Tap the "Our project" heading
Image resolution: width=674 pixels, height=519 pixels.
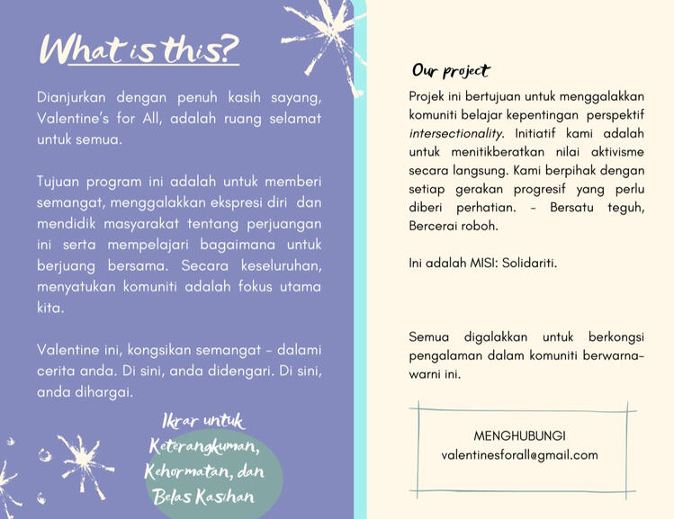pyautogui.click(x=451, y=70)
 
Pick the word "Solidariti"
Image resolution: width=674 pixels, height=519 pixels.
pyautogui.click(x=531, y=264)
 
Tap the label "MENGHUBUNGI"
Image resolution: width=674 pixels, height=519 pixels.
pyautogui.click(x=519, y=435)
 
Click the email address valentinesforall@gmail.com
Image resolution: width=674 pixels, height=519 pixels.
pyautogui.click(x=519, y=455)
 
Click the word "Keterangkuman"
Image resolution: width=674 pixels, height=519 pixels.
pyautogui.click(x=204, y=446)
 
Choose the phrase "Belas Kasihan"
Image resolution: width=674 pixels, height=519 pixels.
pyautogui.click(x=203, y=497)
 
